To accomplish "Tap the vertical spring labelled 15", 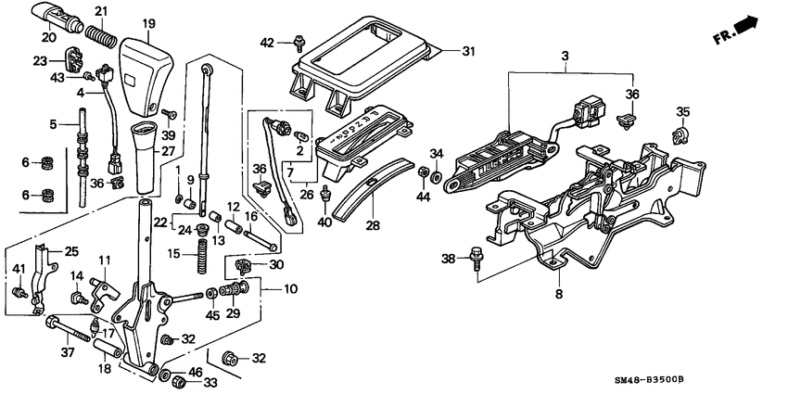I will [x=197, y=252].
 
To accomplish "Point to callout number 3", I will [x=564, y=57].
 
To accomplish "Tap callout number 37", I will [x=66, y=353].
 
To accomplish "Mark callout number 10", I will [x=290, y=289].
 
